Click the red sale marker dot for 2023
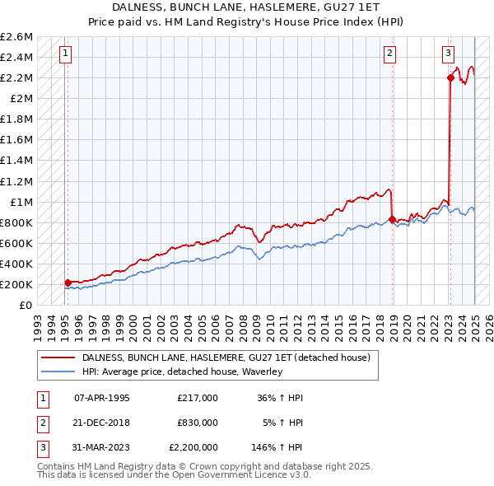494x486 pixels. point(450,77)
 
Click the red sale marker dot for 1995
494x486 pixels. point(68,283)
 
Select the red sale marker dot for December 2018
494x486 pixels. point(392,219)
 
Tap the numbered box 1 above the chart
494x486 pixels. point(65,54)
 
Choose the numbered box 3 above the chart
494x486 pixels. point(449,54)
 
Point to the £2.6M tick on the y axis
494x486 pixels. point(16,37)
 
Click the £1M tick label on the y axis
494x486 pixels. point(21,202)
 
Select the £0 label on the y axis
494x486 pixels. point(26,305)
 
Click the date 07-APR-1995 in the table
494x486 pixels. point(101,398)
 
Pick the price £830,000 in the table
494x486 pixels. point(198,423)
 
